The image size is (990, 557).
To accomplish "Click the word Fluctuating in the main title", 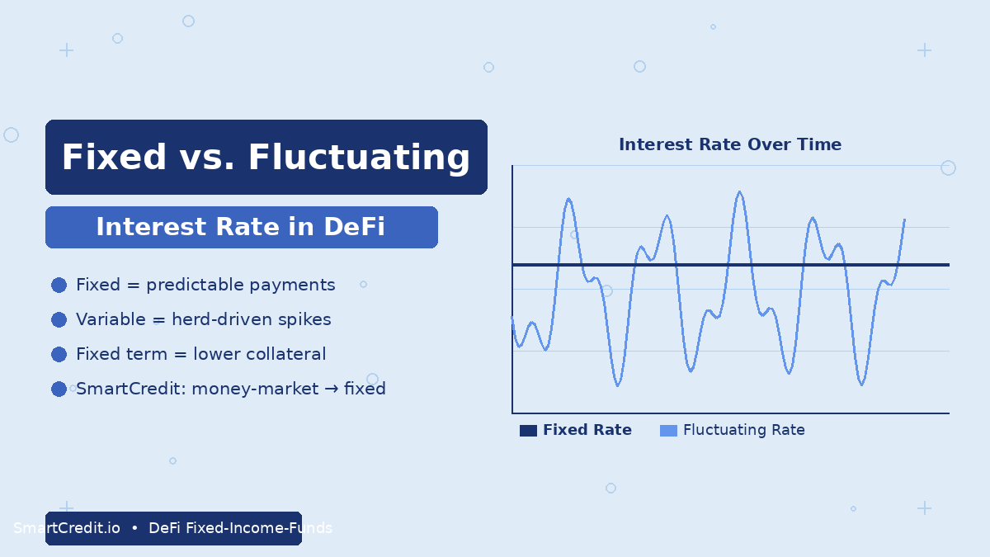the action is [x=359, y=158].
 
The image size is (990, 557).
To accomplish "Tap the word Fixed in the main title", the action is [x=114, y=157].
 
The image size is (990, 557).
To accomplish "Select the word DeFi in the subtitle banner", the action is [x=354, y=227].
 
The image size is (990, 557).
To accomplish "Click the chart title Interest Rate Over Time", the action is [x=729, y=144].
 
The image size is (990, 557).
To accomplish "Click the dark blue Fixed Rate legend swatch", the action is [x=528, y=431].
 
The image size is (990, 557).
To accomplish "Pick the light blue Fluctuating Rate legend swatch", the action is [x=668, y=431].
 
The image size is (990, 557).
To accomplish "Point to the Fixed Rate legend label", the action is [x=587, y=430].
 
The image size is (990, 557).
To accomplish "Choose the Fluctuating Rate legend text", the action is [x=744, y=430].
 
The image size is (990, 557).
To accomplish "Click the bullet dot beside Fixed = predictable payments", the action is [x=59, y=286].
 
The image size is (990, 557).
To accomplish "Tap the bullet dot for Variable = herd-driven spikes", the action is [x=59, y=319].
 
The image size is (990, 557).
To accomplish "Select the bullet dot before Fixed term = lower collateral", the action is [x=59, y=354].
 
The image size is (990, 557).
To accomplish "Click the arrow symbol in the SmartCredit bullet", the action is [x=331, y=389].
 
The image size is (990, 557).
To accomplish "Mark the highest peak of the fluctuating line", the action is [x=739, y=191].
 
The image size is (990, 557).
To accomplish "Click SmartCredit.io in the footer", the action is [x=67, y=528].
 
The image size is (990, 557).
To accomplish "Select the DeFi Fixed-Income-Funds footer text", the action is [x=240, y=528].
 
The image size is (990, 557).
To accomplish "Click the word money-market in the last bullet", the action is [x=255, y=389].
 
